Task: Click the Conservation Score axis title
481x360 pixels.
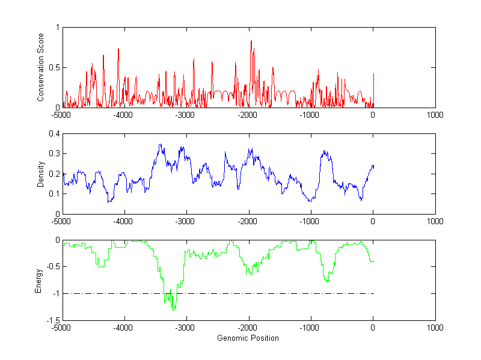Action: pos(41,68)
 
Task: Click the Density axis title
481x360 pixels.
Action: pos(41,174)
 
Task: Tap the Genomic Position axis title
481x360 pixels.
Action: pos(248,338)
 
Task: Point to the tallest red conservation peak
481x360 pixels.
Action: pos(251,41)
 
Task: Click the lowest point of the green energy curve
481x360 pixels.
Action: pos(174,310)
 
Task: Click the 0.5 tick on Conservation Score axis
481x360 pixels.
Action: pos(55,68)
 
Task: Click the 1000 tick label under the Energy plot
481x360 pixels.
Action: pos(435,328)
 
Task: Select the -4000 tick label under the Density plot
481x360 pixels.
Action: pos(123,221)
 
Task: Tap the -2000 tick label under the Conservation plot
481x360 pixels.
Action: pos(248,115)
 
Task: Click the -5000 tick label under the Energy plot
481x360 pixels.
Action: pos(62,328)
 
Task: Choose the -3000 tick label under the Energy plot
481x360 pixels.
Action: pos(186,328)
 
